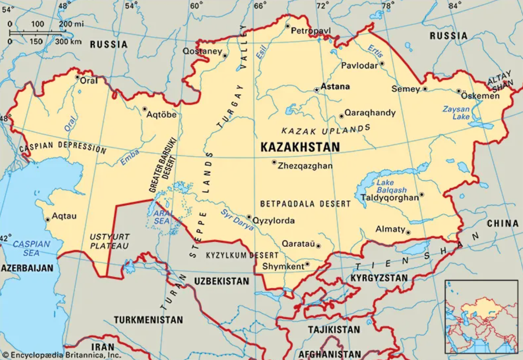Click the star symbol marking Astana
[316, 90]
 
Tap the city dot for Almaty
[408, 233]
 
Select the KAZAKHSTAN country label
[300, 147]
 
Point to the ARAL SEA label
[161, 217]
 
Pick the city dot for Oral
[77, 77]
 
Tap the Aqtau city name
[64, 216]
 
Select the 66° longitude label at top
[260, 6]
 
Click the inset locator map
[481, 316]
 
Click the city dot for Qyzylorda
[249, 217]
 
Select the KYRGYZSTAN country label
[379, 278]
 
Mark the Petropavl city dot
[287, 26]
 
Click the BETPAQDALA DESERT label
[305, 204]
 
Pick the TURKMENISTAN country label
[148, 320]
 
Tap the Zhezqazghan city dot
[274, 162]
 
